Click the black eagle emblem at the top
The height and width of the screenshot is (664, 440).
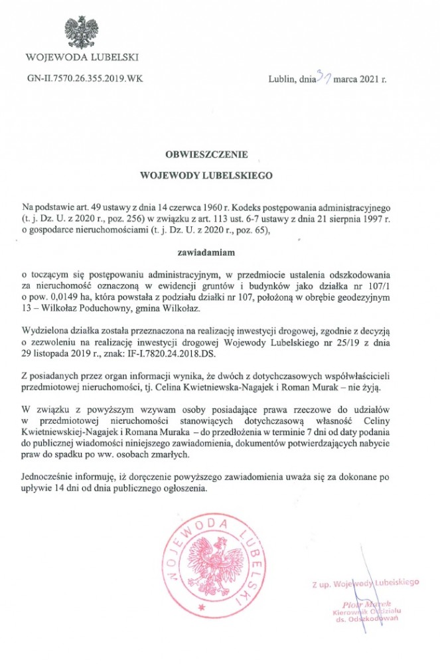[x=82, y=31]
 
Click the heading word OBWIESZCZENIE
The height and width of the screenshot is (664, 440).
[x=206, y=154]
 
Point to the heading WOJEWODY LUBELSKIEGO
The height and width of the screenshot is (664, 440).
[x=206, y=177]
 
